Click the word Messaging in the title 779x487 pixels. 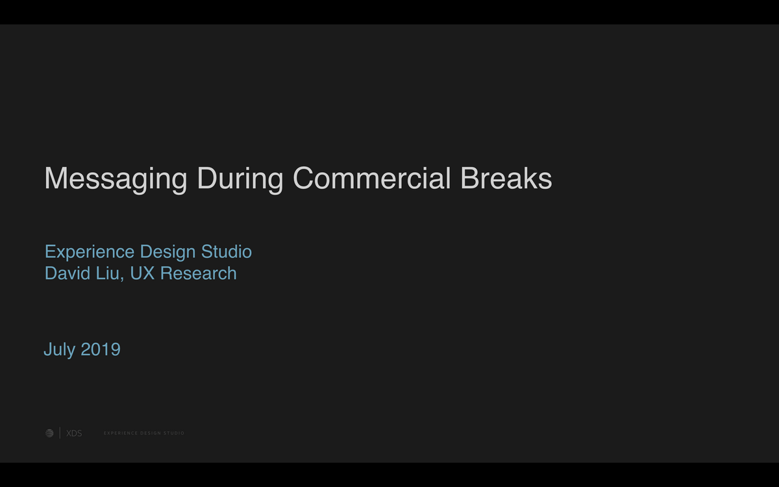(116, 179)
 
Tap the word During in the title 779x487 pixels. (240, 179)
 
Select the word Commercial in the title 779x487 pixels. (372, 178)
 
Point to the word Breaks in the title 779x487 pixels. (506, 178)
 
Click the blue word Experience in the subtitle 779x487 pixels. (90, 252)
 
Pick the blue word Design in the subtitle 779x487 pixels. (167, 252)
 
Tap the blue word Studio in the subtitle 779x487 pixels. (227, 251)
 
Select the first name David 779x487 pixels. (68, 273)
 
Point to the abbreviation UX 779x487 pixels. (142, 273)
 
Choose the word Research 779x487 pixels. (198, 273)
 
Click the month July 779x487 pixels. (60, 349)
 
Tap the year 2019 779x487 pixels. (101, 349)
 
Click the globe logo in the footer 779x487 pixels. (49, 433)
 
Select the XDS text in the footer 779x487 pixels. (74, 434)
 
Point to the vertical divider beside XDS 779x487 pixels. (60, 432)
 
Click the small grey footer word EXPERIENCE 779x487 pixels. (121, 433)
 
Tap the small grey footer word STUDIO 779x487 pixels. (174, 433)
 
